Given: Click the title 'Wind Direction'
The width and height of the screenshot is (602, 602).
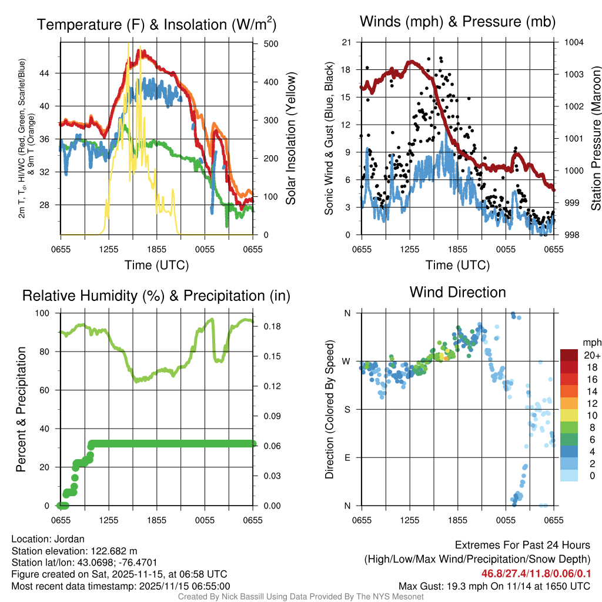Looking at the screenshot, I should click(457, 292).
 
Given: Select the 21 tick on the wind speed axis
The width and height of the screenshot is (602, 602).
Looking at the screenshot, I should click(346, 42).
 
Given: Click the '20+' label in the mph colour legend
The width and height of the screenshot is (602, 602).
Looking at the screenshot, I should click(591, 355).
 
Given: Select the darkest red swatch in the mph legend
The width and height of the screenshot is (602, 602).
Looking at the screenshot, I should click(570, 355).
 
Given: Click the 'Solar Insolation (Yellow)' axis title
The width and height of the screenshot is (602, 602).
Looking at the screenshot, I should click(291, 139).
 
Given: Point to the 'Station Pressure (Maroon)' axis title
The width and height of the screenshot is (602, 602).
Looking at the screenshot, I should click(596, 139).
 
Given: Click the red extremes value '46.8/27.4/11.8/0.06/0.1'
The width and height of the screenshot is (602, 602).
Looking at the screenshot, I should click(536, 573).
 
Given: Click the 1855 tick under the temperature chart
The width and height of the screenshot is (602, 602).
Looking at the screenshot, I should click(157, 250).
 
